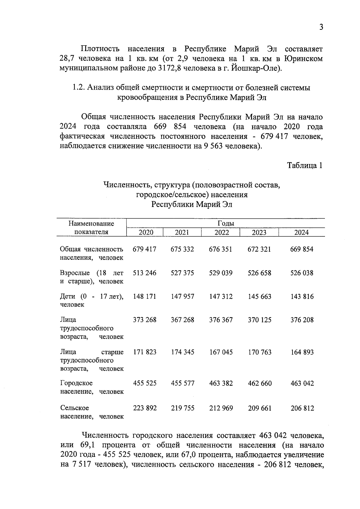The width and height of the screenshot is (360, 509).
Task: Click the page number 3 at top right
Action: (321, 27)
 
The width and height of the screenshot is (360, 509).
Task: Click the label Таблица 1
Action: (305, 165)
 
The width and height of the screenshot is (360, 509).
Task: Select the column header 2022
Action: (222, 232)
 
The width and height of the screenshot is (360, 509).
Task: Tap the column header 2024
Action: (301, 232)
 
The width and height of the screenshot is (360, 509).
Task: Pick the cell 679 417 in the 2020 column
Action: (145, 249)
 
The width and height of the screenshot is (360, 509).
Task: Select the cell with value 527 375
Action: (182, 273)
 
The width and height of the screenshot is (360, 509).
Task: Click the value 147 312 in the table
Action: (221, 297)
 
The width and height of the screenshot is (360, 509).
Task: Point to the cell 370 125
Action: (259, 320)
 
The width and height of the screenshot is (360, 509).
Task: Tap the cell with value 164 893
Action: (302, 352)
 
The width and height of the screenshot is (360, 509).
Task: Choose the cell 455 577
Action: (183, 383)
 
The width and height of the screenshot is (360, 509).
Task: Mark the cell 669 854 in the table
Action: (302, 249)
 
